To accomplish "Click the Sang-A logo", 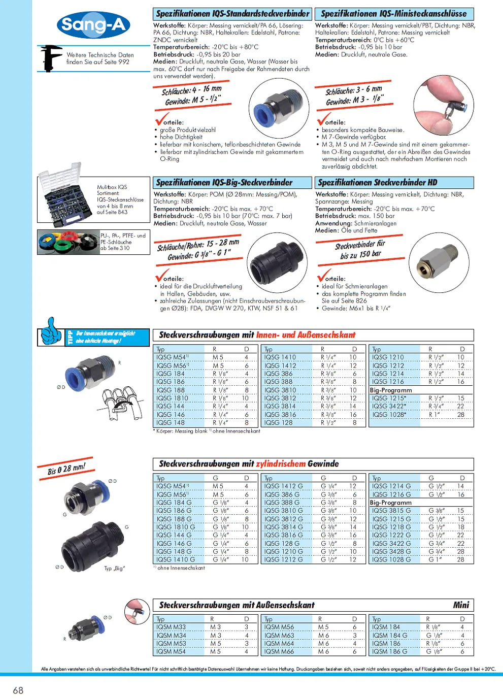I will pyautogui.click(x=93, y=24).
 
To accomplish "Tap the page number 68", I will pyautogui.click(x=18, y=690).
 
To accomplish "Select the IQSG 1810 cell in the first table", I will pyautogui.click(x=173, y=398).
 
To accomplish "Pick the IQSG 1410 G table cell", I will pyautogui.click(x=176, y=560).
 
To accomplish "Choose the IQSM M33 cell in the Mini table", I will pyautogui.click(x=171, y=627).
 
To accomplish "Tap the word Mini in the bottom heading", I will pyautogui.click(x=461, y=605).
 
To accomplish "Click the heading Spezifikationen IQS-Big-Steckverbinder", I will pyautogui.click(x=224, y=183).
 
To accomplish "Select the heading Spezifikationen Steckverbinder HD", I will pyautogui.click(x=378, y=183).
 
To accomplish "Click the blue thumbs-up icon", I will pyautogui.click(x=51, y=331).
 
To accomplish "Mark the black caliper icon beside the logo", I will pyautogui.click(x=51, y=58).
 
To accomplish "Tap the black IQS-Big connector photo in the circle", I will pyautogui.click(x=278, y=259).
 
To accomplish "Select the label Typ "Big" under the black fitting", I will pyautogui.click(x=114, y=569).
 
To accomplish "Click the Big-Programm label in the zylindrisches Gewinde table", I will pyautogui.click(x=391, y=503).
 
